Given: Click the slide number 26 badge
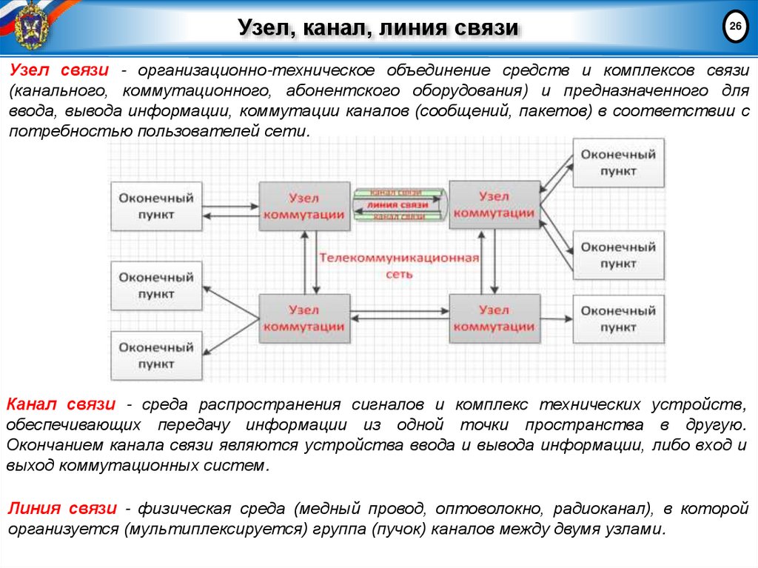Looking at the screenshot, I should [735, 27].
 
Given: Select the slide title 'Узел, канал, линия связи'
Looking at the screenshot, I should [378, 29].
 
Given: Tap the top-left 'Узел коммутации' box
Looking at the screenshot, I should [304, 206].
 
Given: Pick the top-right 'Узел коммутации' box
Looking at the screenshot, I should [494, 204].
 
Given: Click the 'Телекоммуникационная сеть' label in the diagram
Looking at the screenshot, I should [400, 266].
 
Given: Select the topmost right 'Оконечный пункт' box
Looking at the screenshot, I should [618, 162].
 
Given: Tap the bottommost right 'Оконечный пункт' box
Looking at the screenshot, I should [618, 318].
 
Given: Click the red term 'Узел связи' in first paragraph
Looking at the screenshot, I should [59, 70].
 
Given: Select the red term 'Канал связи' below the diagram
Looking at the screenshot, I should [61, 404].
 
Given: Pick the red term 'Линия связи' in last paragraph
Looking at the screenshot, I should [62, 508].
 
